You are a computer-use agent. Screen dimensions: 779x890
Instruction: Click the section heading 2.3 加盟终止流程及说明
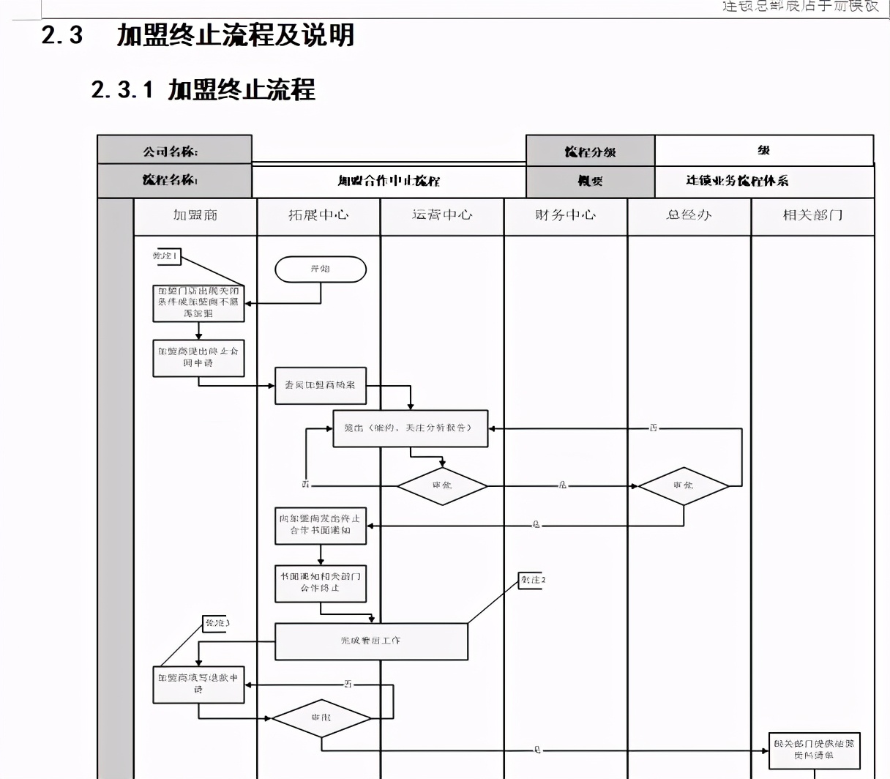coord(198,35)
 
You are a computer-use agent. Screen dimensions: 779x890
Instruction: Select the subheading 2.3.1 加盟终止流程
coord(203,89)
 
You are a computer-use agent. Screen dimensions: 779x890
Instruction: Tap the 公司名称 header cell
coord(174,150)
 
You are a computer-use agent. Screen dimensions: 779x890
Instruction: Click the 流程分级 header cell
coord(590,151)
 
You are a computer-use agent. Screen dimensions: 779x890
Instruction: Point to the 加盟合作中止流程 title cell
coord(389,181)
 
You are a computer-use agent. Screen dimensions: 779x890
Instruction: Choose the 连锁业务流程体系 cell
coord(737,181)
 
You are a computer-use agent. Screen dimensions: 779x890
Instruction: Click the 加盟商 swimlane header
coord(195,215)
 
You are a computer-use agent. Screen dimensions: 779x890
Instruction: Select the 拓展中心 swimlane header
coord(318,215)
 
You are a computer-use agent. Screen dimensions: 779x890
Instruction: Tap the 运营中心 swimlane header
coord(442,215)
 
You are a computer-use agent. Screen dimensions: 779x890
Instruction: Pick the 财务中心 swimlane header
coord(565,215)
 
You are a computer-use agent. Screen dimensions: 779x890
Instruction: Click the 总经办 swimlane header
coord(689,215)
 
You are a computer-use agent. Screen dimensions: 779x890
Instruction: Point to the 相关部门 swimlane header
coord(812,215)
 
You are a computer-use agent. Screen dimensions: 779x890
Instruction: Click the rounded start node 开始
coord(321,269)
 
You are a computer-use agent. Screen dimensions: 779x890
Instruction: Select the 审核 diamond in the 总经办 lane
coord(684,485)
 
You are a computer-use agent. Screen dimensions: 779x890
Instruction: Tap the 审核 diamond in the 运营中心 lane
coord(442,485)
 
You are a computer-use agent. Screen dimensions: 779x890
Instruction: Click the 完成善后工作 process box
coord(371,641)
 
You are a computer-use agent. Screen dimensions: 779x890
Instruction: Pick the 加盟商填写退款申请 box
coord(198,684)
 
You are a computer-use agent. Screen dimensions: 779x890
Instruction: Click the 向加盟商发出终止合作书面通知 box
coord(321,525)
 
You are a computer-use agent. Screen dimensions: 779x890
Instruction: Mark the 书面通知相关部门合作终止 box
coord(321,583)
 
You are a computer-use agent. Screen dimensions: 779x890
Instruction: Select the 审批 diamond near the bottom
coord(321,718)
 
